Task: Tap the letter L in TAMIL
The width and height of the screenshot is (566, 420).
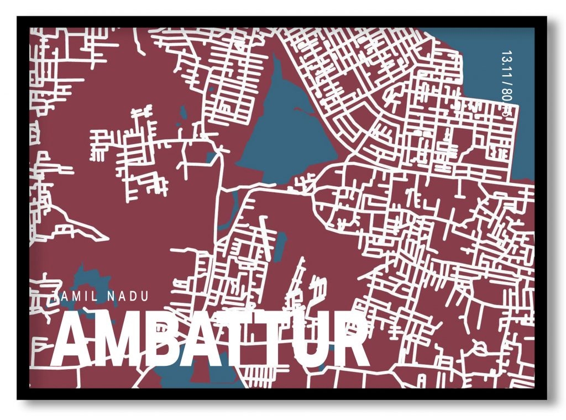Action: pos(95,296)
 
